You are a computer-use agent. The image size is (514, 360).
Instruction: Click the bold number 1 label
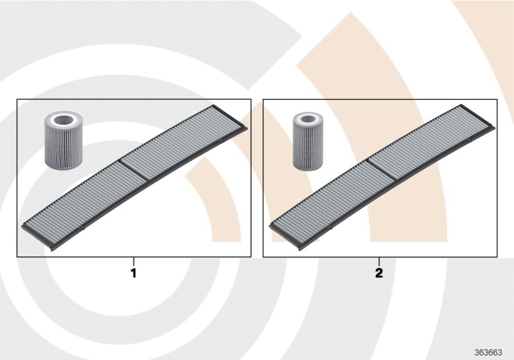coord(134,273)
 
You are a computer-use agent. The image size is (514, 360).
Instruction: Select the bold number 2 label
coord(379,273)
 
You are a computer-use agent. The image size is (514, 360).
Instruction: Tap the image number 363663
coord(488,352)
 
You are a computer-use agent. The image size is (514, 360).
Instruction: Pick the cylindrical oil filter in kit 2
coord(307,141)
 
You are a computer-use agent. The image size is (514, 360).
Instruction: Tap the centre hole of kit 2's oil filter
coord(307,120)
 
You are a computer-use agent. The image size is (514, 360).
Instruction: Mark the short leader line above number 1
coord(134,262)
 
